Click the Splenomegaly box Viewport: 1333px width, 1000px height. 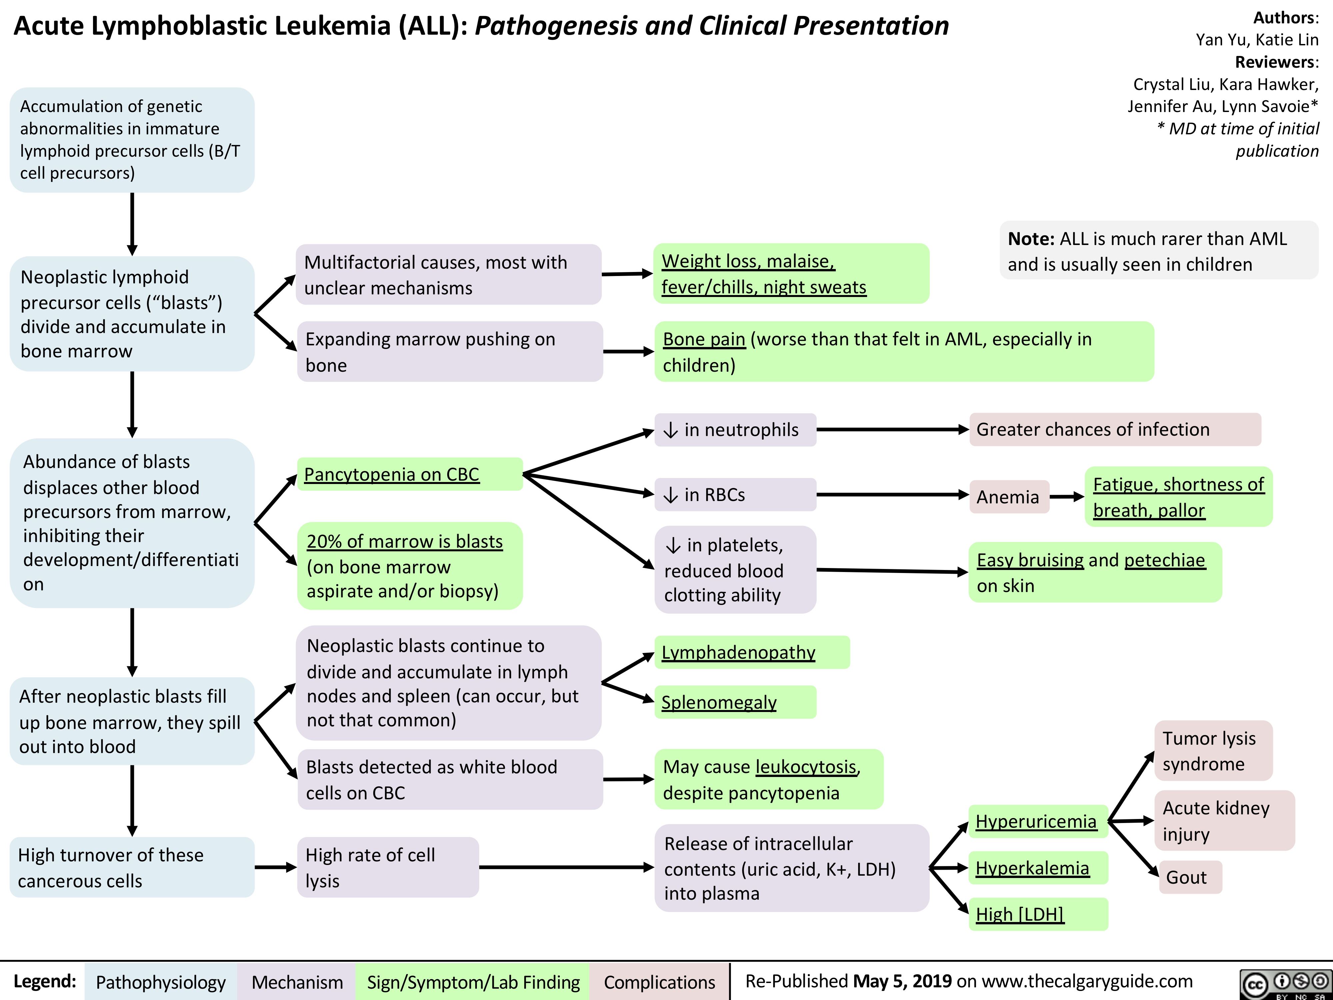click(x=735, y=702)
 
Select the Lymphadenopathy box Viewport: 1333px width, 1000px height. click(x=751, y=652)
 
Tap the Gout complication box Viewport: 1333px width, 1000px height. click(x=1190, y=877)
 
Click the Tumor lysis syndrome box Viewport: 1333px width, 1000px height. click(x=1213, y=750)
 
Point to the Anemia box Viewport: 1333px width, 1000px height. click(x=1008, y=497)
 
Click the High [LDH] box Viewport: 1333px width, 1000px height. click(x=1038, y=914)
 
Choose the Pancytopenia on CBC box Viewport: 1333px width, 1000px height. click(x=410, y=474)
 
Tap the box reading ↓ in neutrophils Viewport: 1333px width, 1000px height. click(x=735, y=430)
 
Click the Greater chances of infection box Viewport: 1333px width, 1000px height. click(x=1114, y=429)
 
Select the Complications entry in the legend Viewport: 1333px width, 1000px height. click(x=659, y=982)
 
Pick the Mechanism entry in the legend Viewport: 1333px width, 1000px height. click(x=297, y=982)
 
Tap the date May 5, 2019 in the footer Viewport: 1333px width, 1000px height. click(x=902, y=981)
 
